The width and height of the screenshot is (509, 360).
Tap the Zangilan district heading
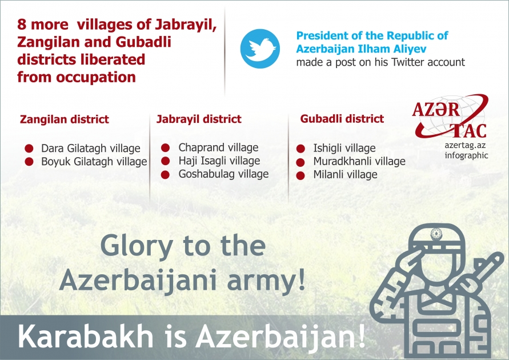tap(64, 120)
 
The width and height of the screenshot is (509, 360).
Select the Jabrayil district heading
tap(199, 119)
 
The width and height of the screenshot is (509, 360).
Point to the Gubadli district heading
tap(342, 119)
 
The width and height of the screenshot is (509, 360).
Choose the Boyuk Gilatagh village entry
tap(94, 162)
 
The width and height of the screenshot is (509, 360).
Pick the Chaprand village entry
tap(218, 147)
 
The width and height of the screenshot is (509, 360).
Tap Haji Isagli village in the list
tap(219, 161)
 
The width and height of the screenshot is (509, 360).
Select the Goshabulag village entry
tap(223, 174)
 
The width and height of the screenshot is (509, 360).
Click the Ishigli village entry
tap(344, 149)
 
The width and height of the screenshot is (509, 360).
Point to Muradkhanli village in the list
tap(359, 162)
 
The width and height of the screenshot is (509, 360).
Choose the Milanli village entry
tap(345, 175)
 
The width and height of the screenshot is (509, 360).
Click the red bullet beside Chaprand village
tap(165, 147)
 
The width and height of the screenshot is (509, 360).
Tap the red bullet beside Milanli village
tap(300, 175)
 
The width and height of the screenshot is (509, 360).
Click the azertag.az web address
tap(466, 146)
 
